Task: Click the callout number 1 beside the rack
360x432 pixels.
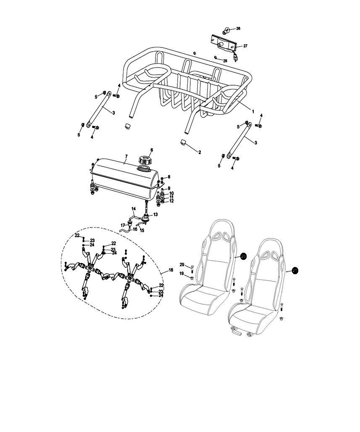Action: point(253,111)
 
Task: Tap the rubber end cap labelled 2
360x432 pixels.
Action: point(183,143)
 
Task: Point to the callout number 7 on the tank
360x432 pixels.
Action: point(126,157)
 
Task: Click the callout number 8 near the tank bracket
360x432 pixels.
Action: point(169,177)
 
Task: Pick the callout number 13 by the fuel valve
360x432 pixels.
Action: point(155,215)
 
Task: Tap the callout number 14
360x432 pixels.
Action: point(134,209)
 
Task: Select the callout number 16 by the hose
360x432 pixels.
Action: point(135,229)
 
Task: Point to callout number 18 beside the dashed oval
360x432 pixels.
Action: point(171,270)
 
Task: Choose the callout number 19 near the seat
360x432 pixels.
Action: point(182,274)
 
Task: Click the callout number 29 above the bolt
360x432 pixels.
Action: point(182,264)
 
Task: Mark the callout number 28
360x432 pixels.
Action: point(225,61)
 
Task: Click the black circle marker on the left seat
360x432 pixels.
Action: point(243,257)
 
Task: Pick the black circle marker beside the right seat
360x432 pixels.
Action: point(295,271)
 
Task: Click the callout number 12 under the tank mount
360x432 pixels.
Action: point(171,201)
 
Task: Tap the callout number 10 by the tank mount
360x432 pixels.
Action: point(171,193)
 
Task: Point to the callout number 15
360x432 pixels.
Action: point(142,230)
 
